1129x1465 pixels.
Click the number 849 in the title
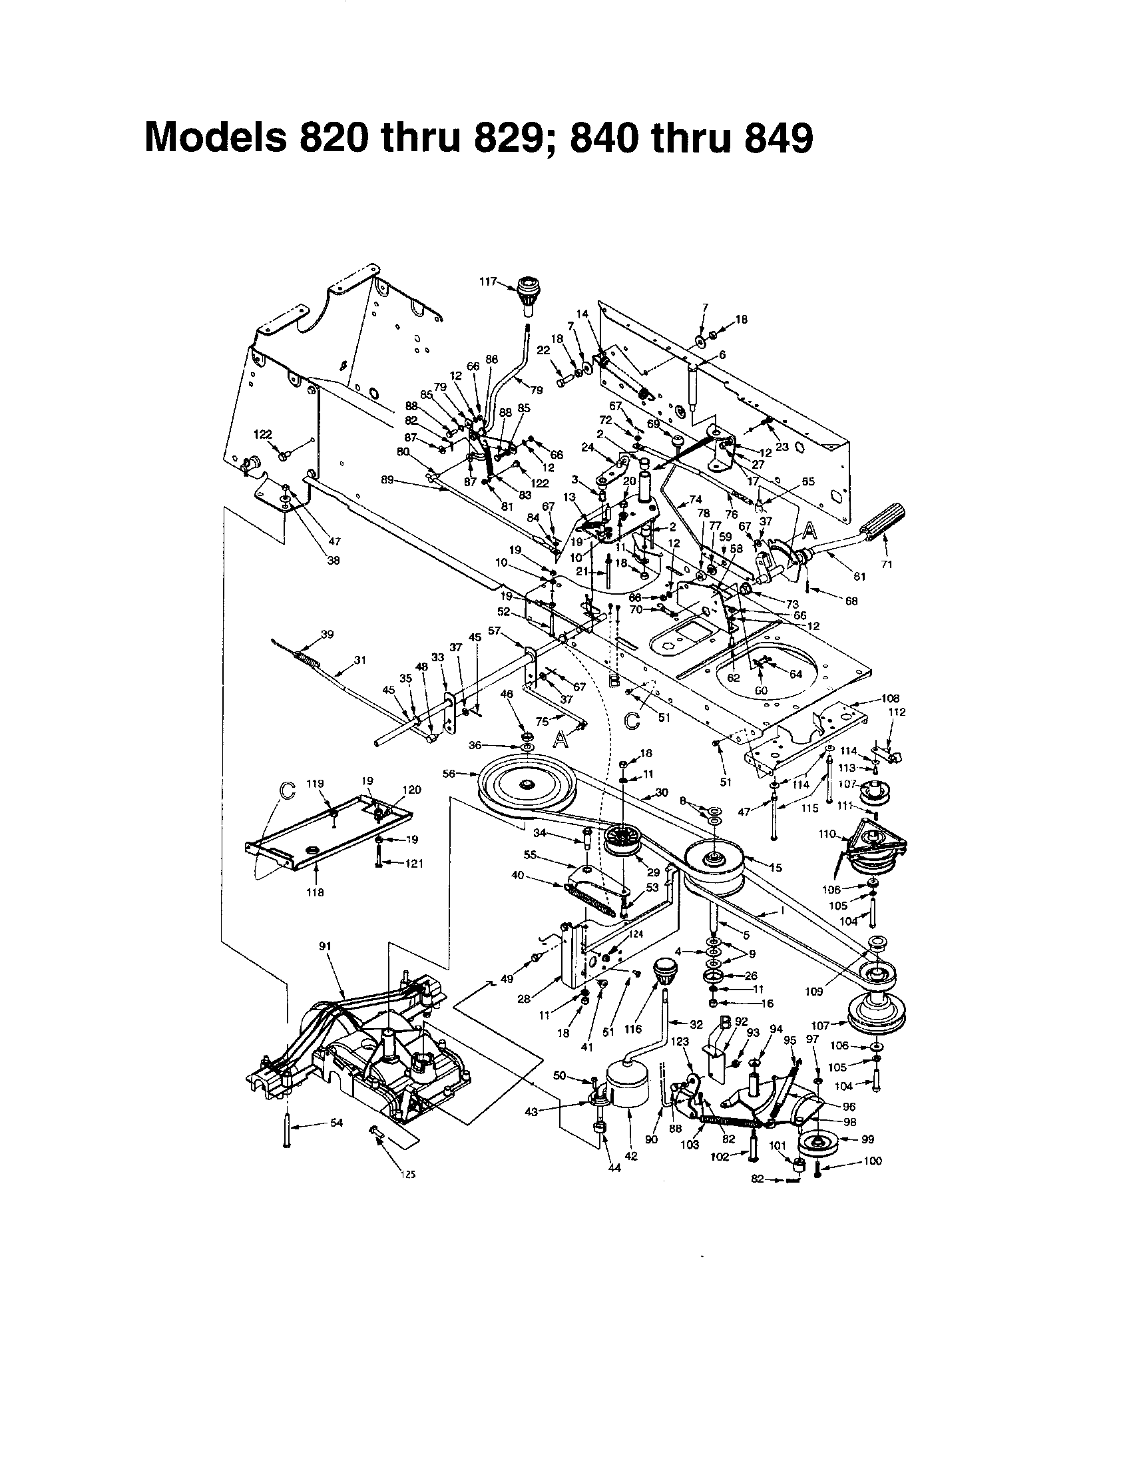[x=774, y=139]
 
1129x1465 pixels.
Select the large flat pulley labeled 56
[x=528, y=788]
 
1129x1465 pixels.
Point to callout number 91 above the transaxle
[x=325, y=946]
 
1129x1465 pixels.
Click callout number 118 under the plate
[x=315, y=892]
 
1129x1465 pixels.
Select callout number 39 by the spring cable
[x=327, y=634]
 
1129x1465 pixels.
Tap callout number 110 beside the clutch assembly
[x=827, y=834]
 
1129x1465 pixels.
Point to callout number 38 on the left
[x=334, y=561]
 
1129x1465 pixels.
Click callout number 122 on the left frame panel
[x=262, y=435]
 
